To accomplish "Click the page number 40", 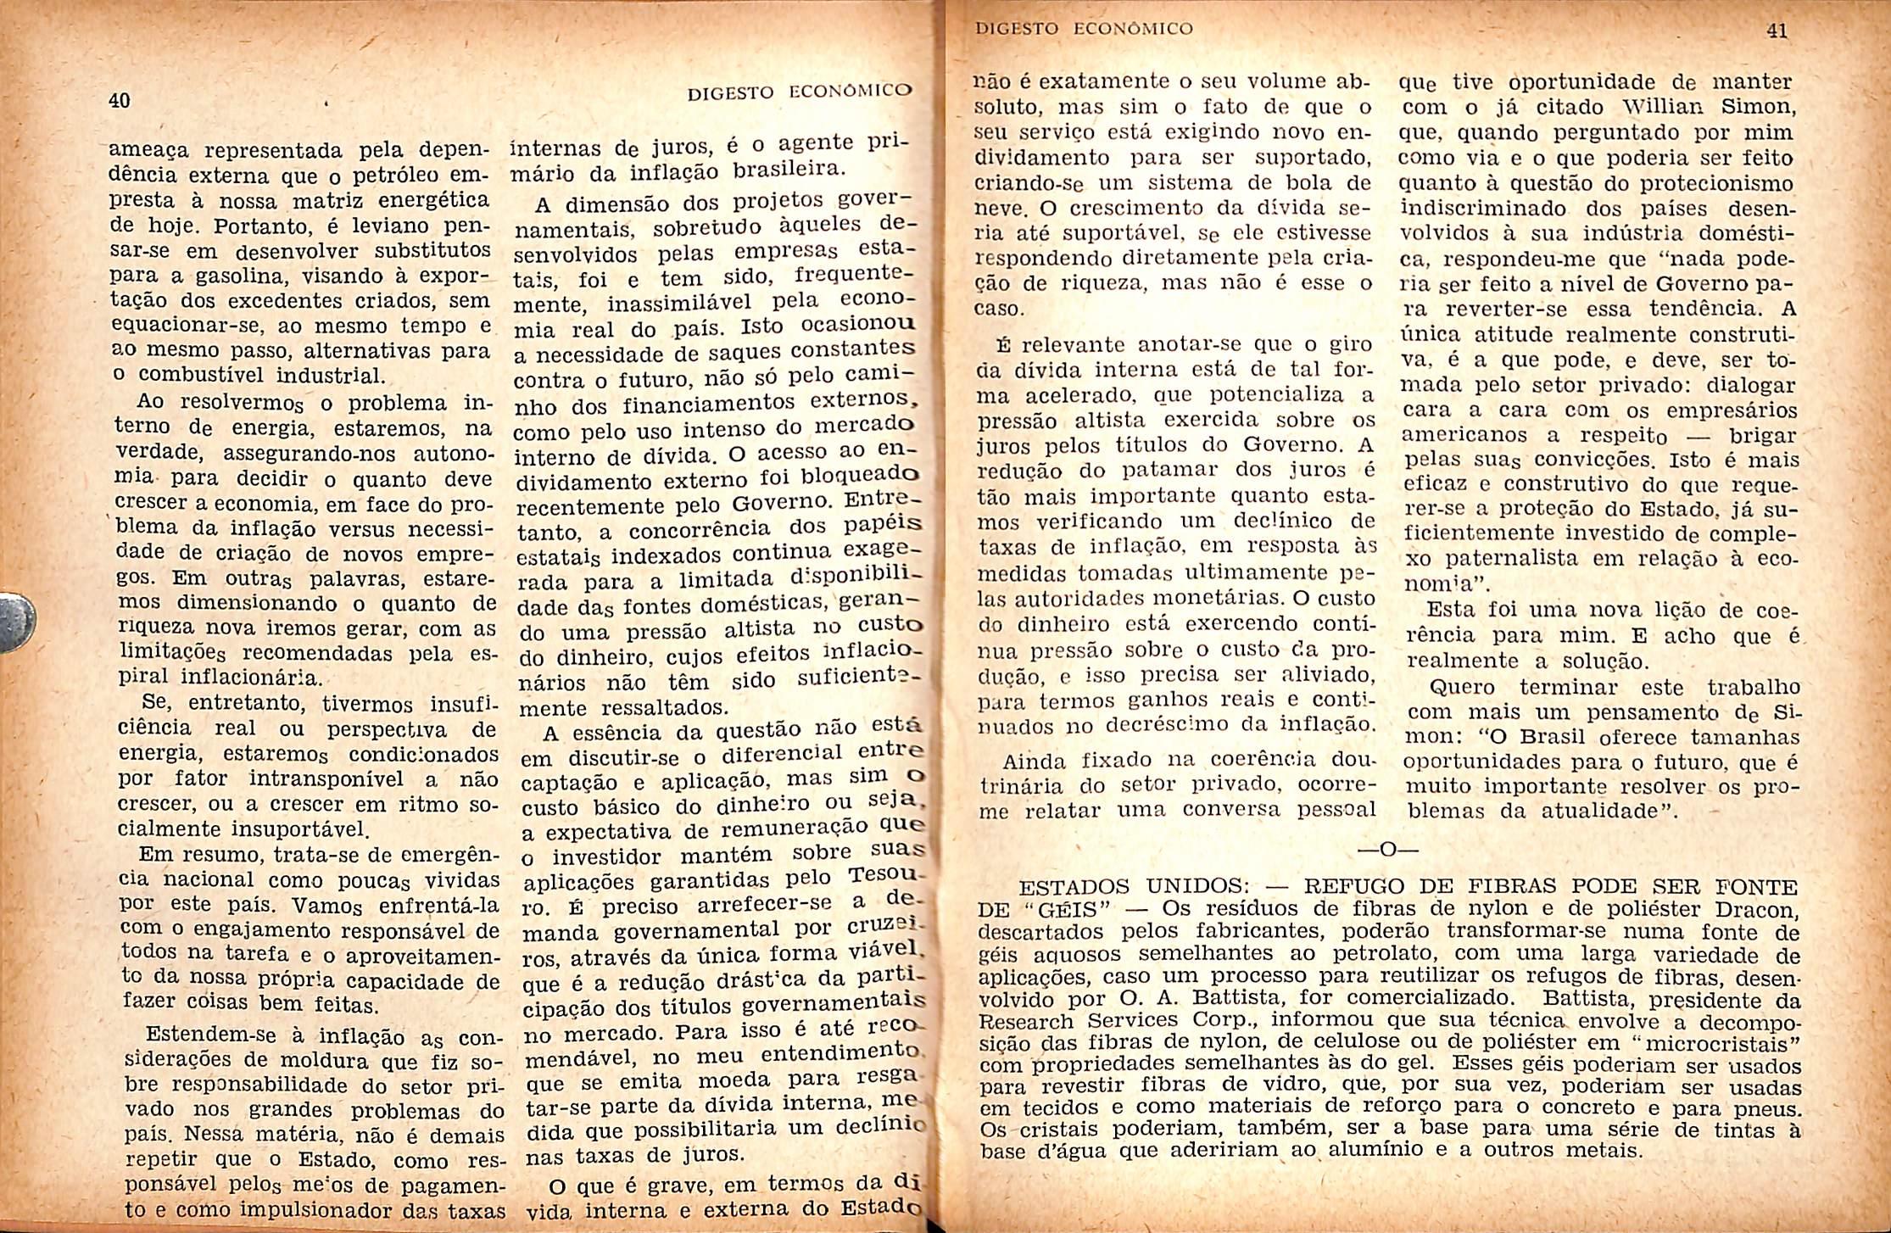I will click(120, 100).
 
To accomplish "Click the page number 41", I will click(1777, 31).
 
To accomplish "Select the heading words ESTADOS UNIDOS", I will click(1132, 887).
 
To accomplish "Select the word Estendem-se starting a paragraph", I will click(216, 1035).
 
